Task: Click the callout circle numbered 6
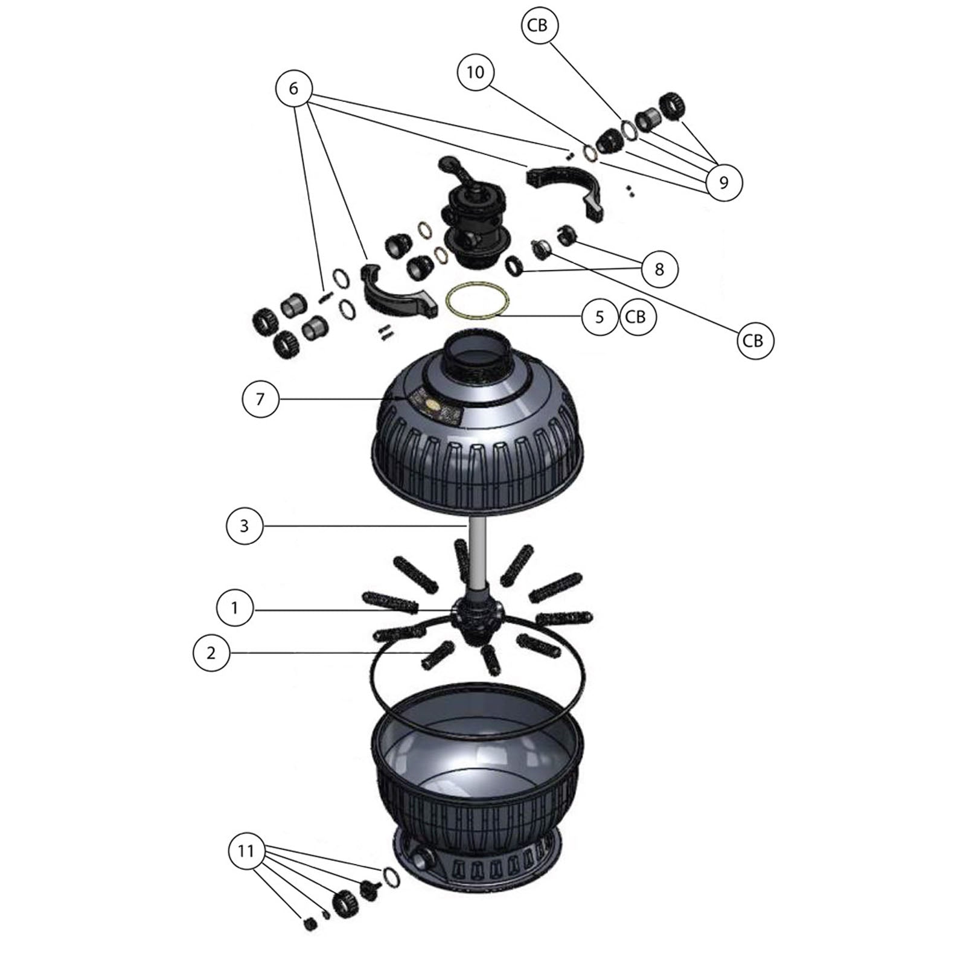point(293,89)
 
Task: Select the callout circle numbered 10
point(476,72)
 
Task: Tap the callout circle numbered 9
point(724,181)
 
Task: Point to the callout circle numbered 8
point(659,269)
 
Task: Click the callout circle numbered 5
point(600,318)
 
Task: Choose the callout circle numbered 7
point(260,399)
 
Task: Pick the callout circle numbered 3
point(244,526)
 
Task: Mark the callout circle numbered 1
point(235,608)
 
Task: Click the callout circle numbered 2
point(211,653)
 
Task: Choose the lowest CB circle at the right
point(754,341)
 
